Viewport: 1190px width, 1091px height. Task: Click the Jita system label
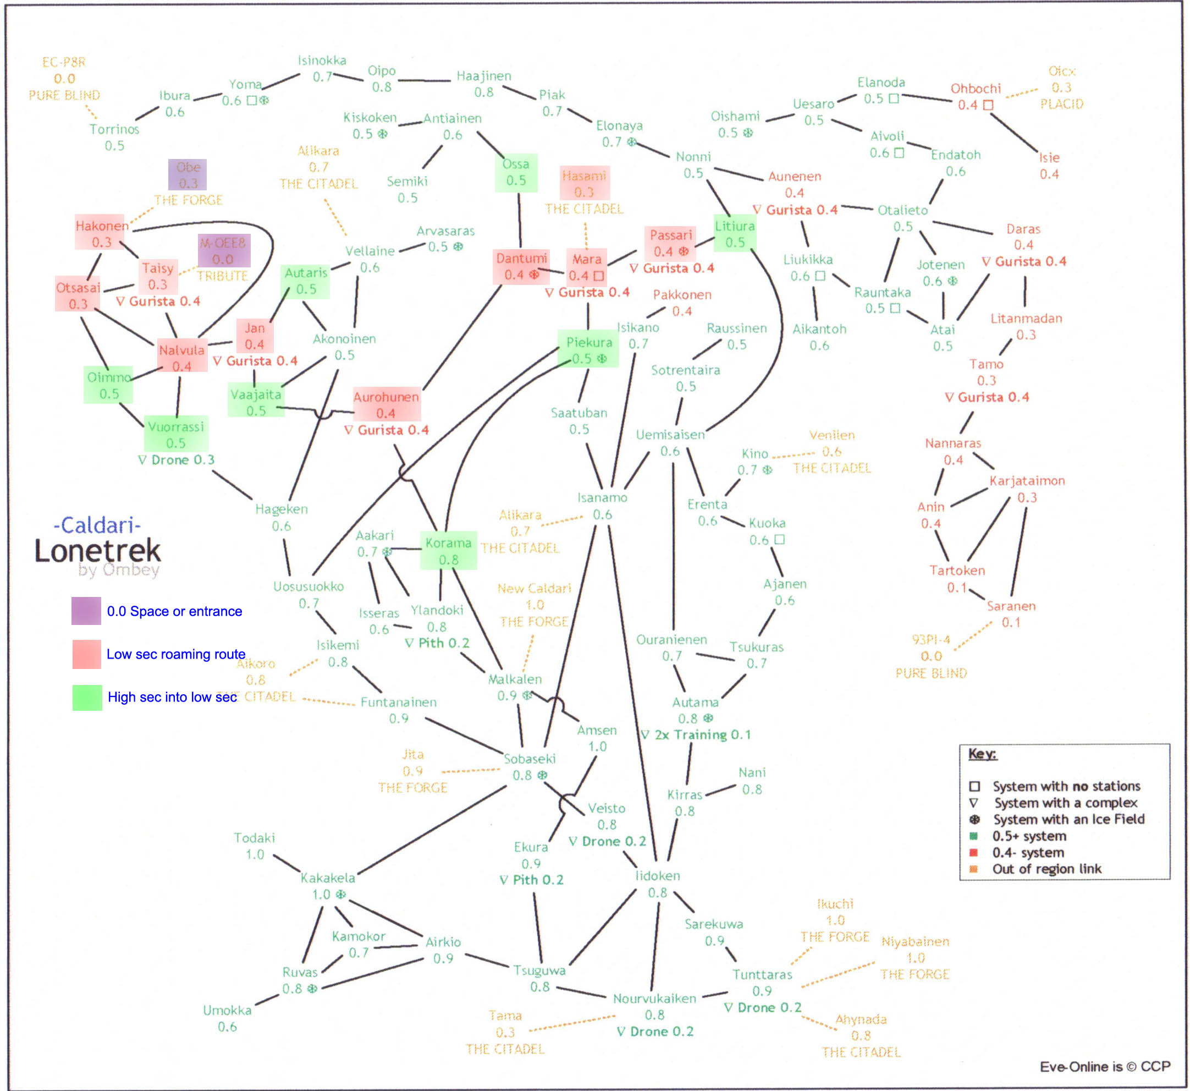pyautogui.click(x=412, y=754)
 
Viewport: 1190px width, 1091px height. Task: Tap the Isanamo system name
pyautogui.click(x=602, y=498)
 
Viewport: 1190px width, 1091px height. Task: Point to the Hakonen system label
pyautogui.click(x=102, y=226)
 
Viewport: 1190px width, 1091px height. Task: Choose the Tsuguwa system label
pyautogui.click(x=539, y=970)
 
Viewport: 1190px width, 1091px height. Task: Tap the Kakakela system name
pyautogui.click(x=328, y=878)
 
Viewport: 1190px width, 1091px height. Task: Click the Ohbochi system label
pyautogui.click(x=975, y=89)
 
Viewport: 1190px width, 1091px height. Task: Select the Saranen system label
pyautogui.click(x=1011, y=606)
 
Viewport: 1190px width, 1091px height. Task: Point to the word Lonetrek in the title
pyautogui.click(x=97, y=551)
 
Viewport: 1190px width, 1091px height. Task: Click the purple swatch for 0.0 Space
pyautogui.click(x=86, y=611)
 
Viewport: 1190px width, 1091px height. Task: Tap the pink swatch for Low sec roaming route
pyautogui.click(x=86, y=654)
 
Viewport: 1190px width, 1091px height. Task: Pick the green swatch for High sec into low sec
pyautogui.click(x=86, y=697)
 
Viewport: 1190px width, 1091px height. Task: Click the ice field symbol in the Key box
pyautogui.click(x=974, y=819)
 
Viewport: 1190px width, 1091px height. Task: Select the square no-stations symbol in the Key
pyautogui.click(x=974, y=786)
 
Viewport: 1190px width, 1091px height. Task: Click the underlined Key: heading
pyautogui.click(x=982, y=754)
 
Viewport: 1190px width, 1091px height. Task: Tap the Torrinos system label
pyautogui.click(x=114, y=129)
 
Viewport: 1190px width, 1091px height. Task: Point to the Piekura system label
pyautogui.click(x=589, y=343)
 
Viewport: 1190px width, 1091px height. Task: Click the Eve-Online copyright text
pyautogui.click(x=1104, y=1066)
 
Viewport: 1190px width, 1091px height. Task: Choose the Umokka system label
pyautogui.click(x=227, y=1010)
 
